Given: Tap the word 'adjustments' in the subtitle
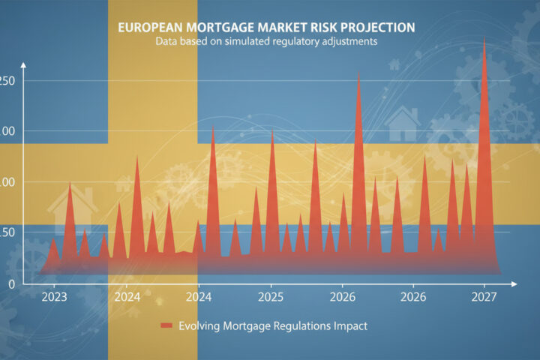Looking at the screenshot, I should [349, 42].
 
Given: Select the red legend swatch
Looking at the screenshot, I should [166, 326].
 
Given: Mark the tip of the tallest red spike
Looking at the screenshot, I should [484, 38].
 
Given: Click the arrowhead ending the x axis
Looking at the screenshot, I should [514, 285].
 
